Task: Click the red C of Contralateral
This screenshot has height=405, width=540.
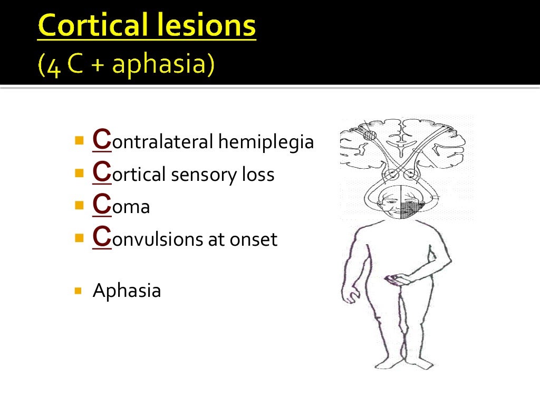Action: tap(101, 140)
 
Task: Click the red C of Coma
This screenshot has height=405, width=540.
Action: tap(101, 205)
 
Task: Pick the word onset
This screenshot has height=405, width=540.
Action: tap(253, 240)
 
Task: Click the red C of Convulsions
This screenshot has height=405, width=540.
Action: tap(101, 237)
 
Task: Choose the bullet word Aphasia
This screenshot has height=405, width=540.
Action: tap(127, 291)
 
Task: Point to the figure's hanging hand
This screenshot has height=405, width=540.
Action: tap(348, 295)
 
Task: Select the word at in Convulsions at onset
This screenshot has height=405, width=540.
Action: tap(216, 240)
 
